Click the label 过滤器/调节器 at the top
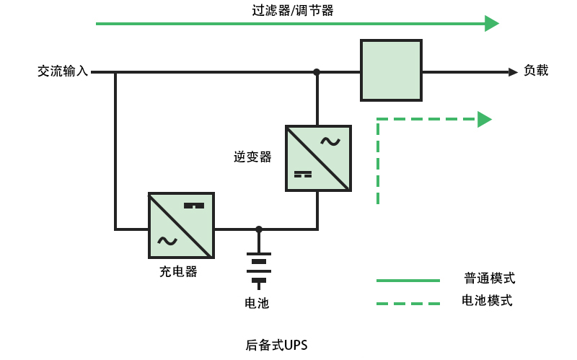(x=292, y=10)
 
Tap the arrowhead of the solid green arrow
(x=491, y=24)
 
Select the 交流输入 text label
(x=63, y=71)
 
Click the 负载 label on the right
(x=536, y=71)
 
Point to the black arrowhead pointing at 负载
(x=512, y=72)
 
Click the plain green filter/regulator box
(x=391, y=70)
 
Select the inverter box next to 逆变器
(x=318, y=158)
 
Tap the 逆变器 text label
(x=252, y=157)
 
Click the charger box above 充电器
(x=181, y=225)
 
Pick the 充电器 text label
(x=178, y=272)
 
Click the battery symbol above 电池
(x=259, y=267)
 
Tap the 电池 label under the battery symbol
(x=257, y=303)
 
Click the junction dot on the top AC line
(x=317, y=72)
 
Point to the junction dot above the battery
(x=259, y=229)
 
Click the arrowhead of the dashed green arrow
(x=484, y=119)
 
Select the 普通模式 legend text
(x=490, y=278)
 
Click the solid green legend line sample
(x=408, y=280)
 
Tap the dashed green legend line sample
(x=408, y=304)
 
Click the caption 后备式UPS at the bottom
(x=276, y=345)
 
